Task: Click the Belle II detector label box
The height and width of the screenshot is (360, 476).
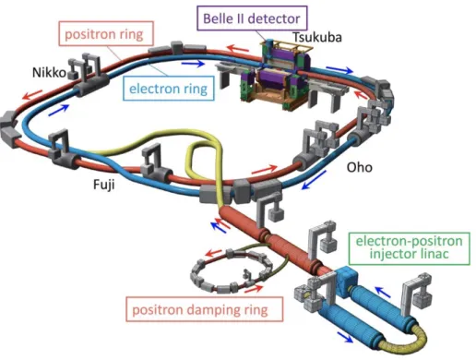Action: pyautogui.click(x=252, y=18)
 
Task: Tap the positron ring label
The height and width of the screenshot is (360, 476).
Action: pyautogui.click(x=106, y=33)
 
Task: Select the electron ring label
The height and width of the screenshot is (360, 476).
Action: pyautogui.click(x=168, y=89)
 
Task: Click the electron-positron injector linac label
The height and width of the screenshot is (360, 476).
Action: pyautogui.click(x=410, y=248)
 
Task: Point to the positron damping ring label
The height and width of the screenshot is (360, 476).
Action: pyautogui.click(x=204, y=309)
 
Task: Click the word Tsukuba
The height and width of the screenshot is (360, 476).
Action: pyautogui.click(x=316, y=37)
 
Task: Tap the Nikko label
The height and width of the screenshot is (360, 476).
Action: pyautogui.click(x=49, y=73)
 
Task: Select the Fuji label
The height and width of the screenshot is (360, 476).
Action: pyautogui.click(x=104, y=185)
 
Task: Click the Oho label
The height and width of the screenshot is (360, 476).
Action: pyautogui.click(x=360, y=167)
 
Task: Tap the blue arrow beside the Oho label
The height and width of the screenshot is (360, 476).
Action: pyautogui.click(x=314, y=180)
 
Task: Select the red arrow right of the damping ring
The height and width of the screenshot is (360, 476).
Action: pyautogui.click(x=254, y=289)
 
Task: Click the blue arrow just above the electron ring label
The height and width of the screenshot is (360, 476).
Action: pyautogui.click(x=193, y=64)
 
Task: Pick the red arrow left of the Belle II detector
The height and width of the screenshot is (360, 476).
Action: pyautogui.click(x=238, y=49)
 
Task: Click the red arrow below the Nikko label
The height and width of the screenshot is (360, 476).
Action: pyautogui.click(x=32, y=94)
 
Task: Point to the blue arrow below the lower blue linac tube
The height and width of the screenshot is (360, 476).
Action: pyautogui.click(x=345, y=337)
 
